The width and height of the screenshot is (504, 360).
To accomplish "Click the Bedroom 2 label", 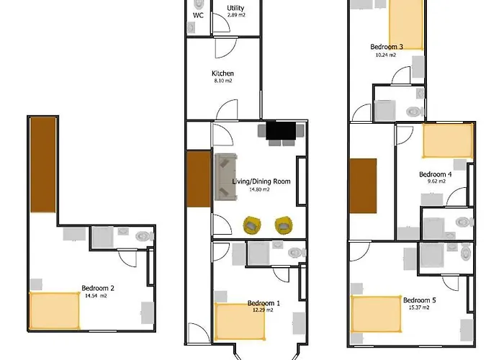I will point(98,287).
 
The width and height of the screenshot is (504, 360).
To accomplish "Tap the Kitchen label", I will point(222,73).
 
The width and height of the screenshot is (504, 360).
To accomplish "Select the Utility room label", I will point(235,8).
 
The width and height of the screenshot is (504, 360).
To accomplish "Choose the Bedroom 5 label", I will point(417,300).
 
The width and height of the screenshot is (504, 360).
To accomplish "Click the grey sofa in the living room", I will point(225,177).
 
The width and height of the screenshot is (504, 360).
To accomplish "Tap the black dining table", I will point(282,130).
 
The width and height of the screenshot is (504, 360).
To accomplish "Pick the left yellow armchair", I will point(251,225).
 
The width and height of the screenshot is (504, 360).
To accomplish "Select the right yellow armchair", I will point(284,225).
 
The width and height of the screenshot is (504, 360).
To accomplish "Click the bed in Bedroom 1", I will point(240,320).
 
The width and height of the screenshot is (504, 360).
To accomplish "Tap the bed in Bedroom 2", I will point(55,310).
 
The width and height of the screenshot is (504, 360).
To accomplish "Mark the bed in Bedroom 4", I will point(447,140).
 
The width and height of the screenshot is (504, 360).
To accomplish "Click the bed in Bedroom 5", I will point(376,314).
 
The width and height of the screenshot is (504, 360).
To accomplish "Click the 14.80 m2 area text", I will point(259,189).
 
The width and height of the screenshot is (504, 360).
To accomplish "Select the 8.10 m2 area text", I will point(223,81).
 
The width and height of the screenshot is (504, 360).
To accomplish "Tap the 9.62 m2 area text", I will point(436,181).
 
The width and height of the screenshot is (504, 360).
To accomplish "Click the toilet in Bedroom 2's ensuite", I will point(145,235).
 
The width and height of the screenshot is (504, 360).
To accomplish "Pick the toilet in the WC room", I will point(191,27).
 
